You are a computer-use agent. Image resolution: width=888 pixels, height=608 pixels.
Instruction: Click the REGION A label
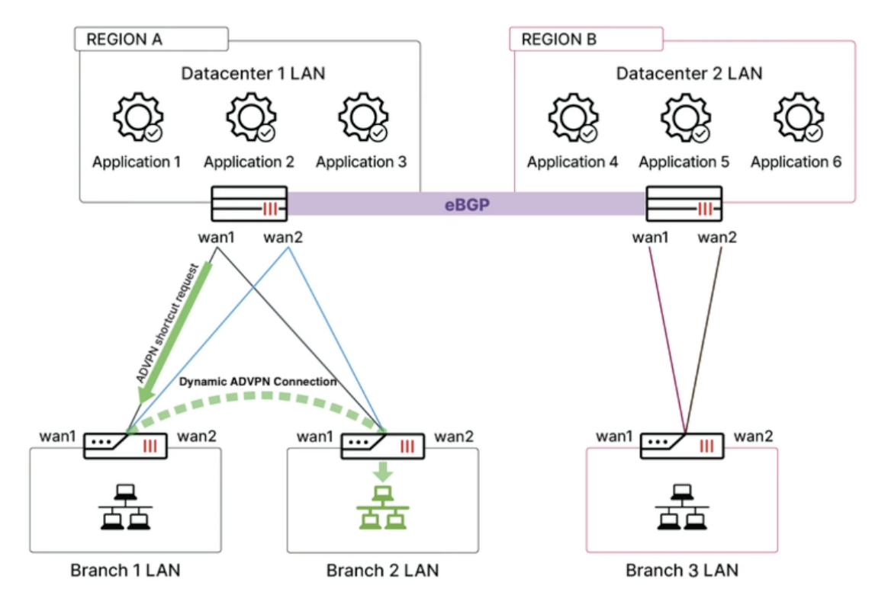(124, 40)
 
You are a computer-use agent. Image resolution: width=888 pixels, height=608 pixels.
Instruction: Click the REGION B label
(559, 40)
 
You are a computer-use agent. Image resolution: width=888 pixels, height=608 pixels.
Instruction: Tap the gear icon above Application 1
(136, 119)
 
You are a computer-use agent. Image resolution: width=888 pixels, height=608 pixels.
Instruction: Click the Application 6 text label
(796, 162)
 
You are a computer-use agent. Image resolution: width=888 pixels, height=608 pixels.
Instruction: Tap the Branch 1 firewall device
(124, 446)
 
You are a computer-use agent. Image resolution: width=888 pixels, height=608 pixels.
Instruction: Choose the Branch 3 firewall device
(680, 446)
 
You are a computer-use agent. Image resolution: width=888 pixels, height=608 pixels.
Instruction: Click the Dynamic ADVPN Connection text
(258, 382)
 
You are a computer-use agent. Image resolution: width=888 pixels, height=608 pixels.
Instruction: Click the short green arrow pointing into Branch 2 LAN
(382, 470)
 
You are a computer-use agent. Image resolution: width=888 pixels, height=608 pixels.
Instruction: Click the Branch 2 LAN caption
(382, 571)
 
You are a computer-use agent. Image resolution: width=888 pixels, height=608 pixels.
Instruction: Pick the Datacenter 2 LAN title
(689, 74)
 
